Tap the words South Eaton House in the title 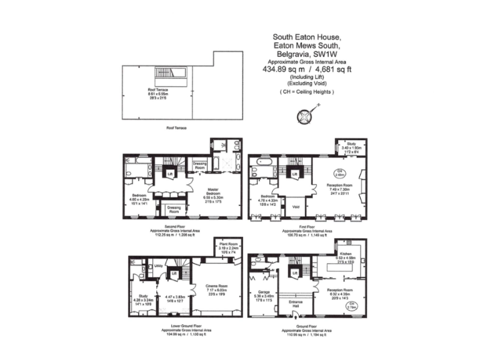(307, 37)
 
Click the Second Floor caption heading (173, 226)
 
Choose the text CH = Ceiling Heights (307, 92)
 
